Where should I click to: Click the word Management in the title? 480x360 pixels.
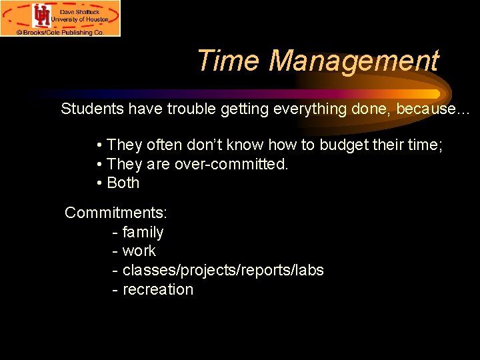tap(354, 61)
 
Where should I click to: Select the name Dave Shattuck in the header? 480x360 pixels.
tap(79, 11)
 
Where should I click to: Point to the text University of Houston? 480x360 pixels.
tap(80, 20)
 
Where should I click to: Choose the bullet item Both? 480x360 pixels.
tap(123, 183)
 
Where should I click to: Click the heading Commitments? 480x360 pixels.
tap(116, 213)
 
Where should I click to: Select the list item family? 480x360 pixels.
tap(143, 233)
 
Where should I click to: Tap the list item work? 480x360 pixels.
tap(139, 251)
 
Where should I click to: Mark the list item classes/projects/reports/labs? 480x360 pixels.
tap(223, 271)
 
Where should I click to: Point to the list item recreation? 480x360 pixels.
tap(158, 290)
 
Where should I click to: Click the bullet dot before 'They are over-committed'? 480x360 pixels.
tap(99, 164)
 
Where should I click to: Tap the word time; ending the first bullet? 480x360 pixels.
tap(427, 145)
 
